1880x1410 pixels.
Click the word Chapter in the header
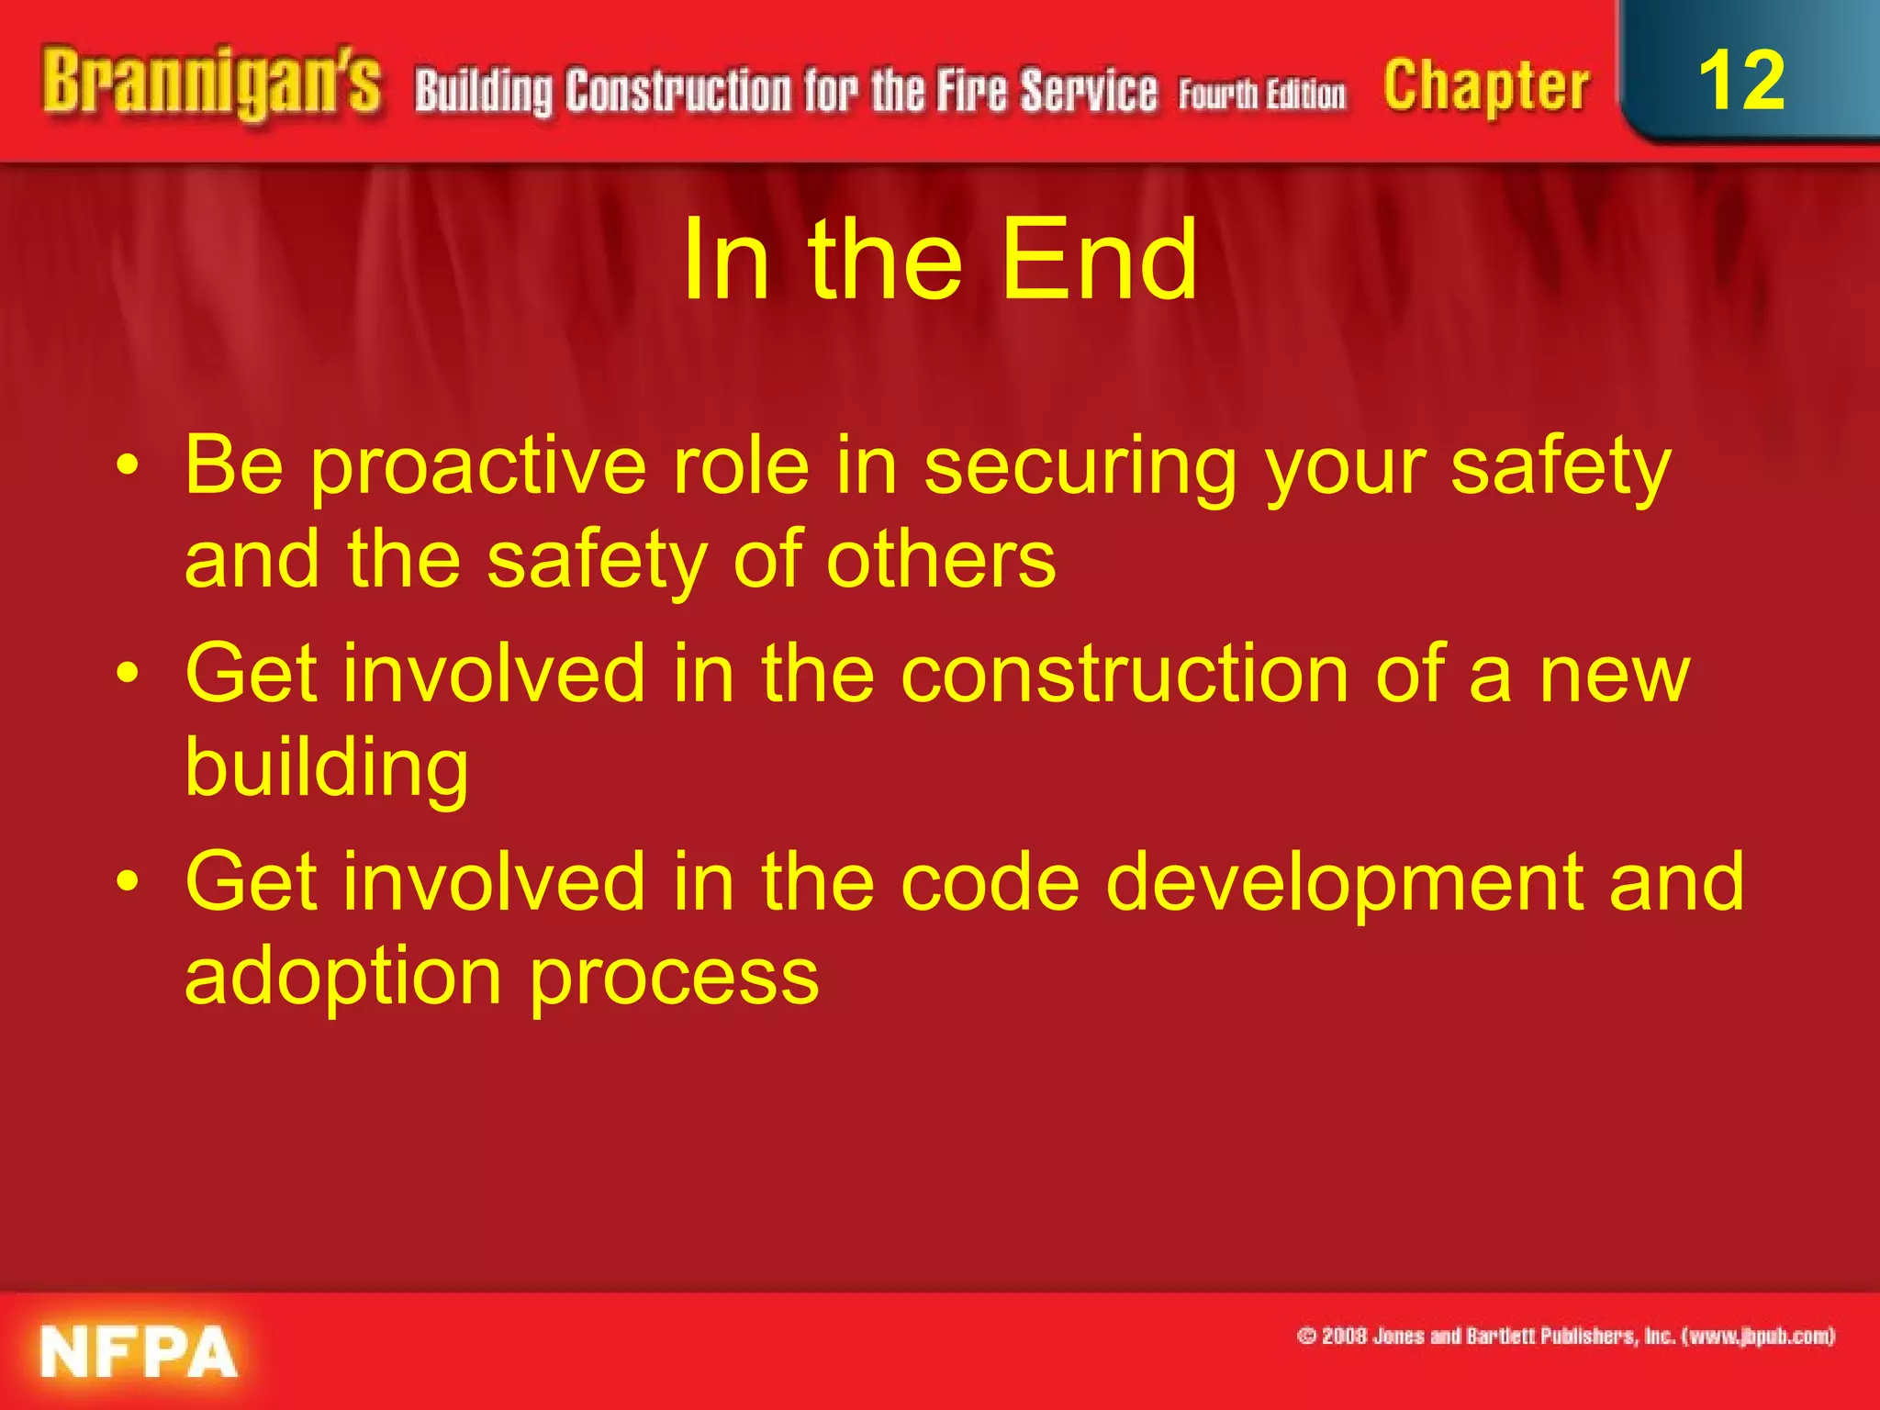(x=1486, y=88)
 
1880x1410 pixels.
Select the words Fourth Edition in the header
(x=1262, y=95)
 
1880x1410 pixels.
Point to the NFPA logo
(x=139, y=1351)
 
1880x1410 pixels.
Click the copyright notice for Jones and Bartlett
(x=1565, y=1336)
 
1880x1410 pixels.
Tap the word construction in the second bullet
(x=1124, y=675)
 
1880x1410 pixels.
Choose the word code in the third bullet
(x=990, y=882)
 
